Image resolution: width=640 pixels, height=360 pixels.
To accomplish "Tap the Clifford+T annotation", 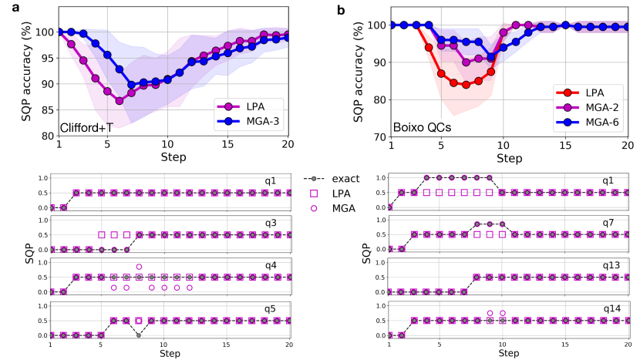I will coord(86,126).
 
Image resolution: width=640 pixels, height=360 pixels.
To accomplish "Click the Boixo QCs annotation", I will coord(422,126).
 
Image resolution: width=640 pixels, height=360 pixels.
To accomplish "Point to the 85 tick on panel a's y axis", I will coord(43,109).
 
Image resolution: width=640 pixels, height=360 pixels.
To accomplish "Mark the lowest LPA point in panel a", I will coord(120,100).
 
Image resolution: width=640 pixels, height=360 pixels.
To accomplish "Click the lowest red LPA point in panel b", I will coord(466,85).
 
